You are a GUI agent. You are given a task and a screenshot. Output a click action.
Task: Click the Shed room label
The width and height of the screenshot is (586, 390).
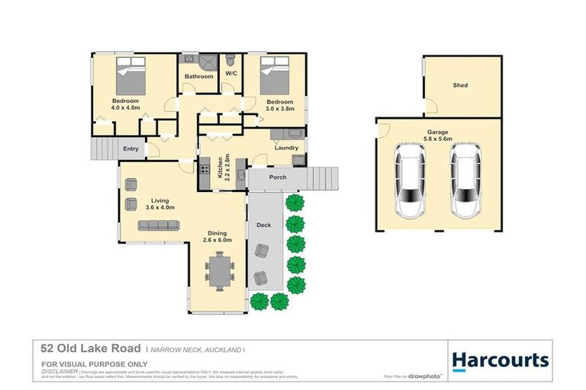460,86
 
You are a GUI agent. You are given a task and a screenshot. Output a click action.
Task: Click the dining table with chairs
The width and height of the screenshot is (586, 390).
218,271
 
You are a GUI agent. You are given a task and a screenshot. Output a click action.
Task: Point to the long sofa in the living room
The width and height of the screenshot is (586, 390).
158,225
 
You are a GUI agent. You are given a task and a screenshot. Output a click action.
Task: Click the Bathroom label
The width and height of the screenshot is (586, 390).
198,76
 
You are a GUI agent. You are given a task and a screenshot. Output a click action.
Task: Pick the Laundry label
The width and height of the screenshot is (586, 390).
287,148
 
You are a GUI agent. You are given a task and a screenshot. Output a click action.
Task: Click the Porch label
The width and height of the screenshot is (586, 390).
278,178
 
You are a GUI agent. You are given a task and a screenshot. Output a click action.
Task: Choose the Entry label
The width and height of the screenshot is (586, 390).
130,149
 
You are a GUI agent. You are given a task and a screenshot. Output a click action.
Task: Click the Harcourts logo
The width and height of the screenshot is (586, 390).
500,360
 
